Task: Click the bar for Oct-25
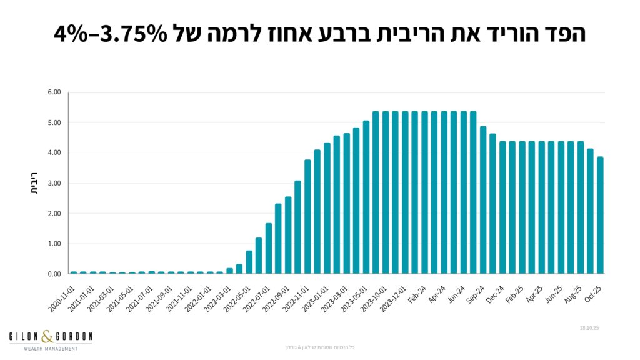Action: [x=600, y=215]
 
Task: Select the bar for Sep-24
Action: [x=483, y=200]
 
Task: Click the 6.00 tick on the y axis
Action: [x=54, y=92]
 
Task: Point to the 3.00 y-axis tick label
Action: [x=54, y=183]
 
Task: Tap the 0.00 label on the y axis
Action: [x=54, y=274]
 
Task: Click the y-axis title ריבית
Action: [x=35, y=183]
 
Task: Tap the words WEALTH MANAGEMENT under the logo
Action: [x=51, y=348]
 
